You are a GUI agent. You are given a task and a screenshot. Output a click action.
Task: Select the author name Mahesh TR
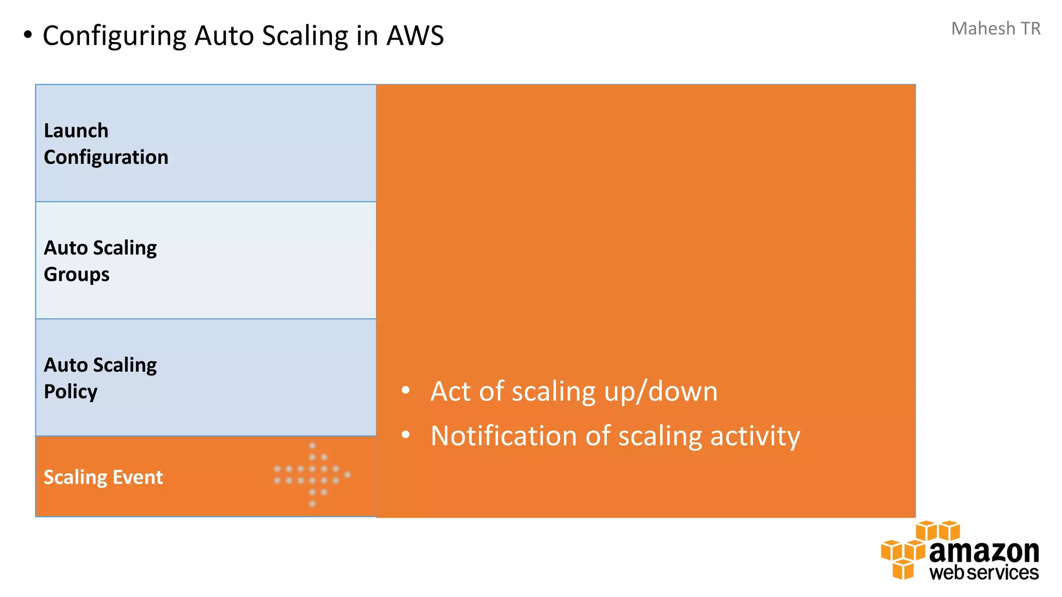pos(996,29)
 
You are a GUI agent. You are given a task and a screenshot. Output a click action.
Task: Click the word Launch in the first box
pos(76,131)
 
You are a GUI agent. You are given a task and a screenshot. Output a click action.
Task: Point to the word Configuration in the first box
pos(106,157)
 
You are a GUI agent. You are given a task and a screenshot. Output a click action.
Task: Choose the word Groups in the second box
pos(76,275)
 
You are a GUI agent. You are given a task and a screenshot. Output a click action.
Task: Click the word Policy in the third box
pos(71,392)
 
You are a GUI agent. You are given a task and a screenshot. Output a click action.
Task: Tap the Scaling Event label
pos(103,477)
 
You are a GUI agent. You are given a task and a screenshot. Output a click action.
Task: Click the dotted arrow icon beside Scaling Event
pos(312,474)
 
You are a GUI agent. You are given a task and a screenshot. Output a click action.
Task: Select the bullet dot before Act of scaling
pos(406,390)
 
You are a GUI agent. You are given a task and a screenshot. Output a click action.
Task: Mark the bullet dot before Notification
pos(406,435)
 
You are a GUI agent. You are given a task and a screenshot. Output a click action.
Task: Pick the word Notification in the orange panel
pos(503,436)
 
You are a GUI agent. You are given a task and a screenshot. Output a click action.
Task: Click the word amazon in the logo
pos(984,552)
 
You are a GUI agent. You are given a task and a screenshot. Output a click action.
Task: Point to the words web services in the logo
pos(984,573)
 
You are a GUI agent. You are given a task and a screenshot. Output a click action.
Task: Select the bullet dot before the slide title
pos(28,35)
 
